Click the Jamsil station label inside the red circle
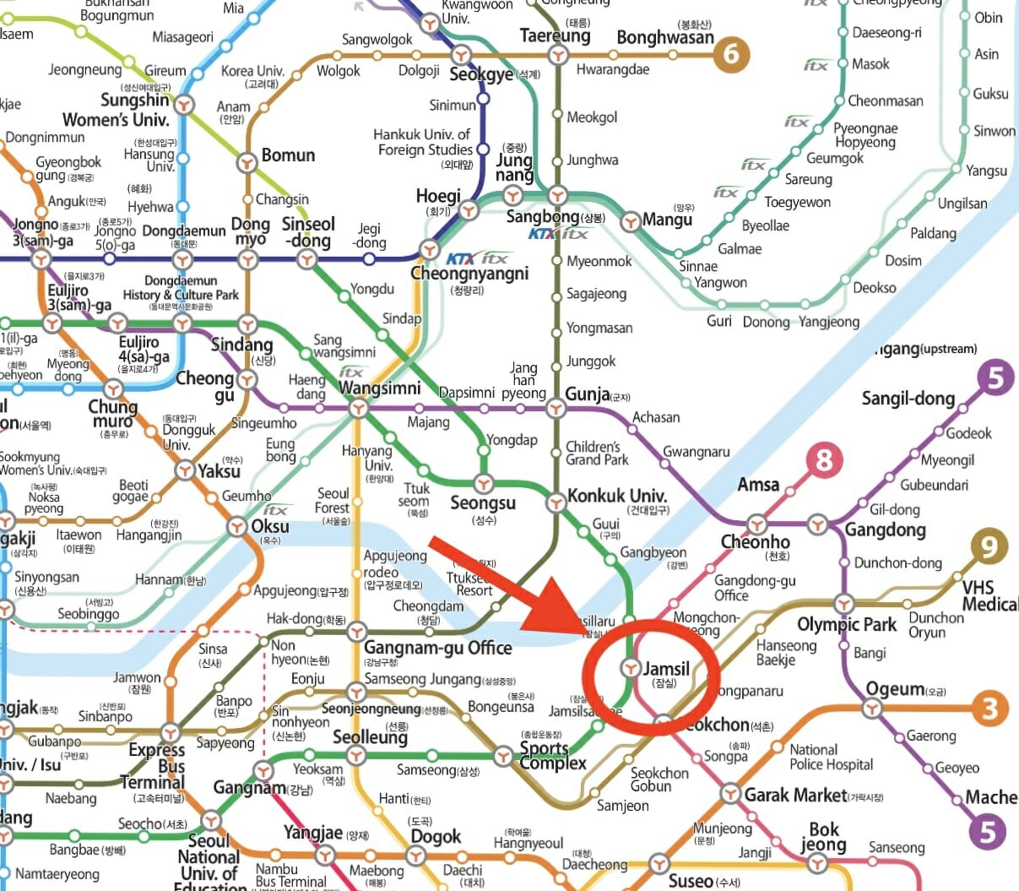pos(666,669)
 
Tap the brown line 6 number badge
pos(731,55)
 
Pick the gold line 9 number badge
pos(989,546)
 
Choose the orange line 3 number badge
pos(990,707)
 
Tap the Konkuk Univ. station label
pos(617,496)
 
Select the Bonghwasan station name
pos(665,37)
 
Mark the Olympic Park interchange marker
pos(844,604)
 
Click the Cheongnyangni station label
pos(469,274)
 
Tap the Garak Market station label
pos(794,795)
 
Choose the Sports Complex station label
pos(552,755)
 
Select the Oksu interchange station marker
pos(238,527)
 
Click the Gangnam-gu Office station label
pos(437,648)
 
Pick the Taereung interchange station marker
pos(556,56)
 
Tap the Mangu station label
pos(667,220)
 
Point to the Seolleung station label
pos(370,736)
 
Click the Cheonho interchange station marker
pos(756,524)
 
